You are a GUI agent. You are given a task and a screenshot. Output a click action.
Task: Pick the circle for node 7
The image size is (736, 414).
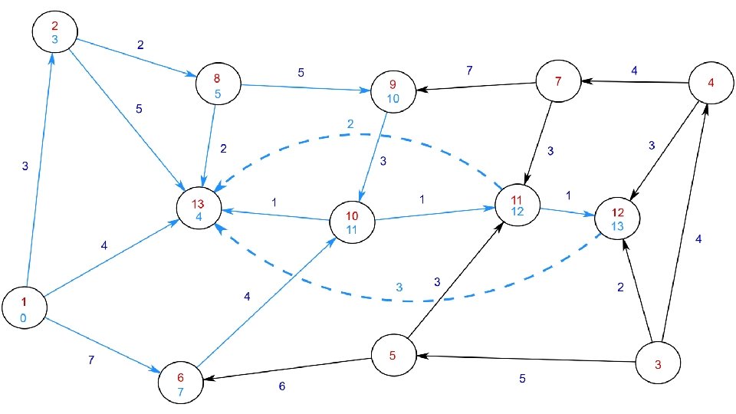pos(558,82)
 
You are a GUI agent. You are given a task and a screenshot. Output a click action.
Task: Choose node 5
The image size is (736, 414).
pos(393,355)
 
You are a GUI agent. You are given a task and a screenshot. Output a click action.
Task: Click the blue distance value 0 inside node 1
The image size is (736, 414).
pos(24,317)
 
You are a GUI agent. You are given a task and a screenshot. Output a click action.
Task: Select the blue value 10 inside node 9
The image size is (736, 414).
pos(393,99)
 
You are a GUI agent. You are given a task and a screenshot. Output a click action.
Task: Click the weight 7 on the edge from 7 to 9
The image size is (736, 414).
pos(469,71)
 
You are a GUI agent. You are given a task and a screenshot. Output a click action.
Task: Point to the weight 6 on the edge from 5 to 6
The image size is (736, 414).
pos(281,386)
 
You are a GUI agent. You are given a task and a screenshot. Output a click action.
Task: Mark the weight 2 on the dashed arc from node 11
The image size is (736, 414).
pos(350,124)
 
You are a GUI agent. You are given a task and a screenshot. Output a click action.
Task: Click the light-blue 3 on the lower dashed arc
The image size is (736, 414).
pos(399,287)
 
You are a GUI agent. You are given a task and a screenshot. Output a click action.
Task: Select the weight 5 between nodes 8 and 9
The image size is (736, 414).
pos(301,74)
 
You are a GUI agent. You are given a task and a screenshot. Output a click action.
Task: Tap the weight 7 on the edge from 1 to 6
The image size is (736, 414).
pos(91,360)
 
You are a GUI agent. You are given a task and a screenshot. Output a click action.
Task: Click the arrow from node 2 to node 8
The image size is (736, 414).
pos(133,57)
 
